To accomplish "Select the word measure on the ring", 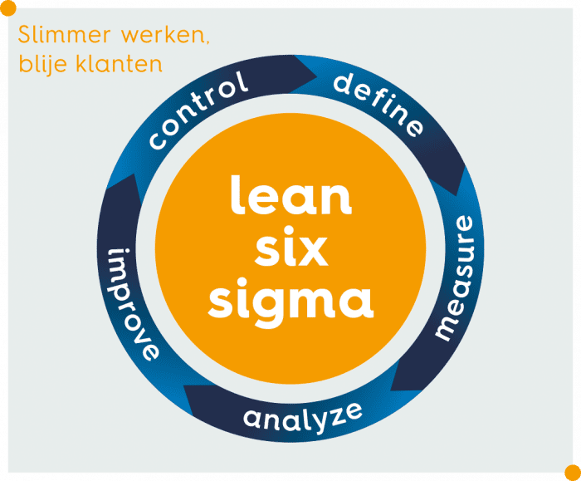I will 456,277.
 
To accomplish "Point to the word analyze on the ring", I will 303,415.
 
